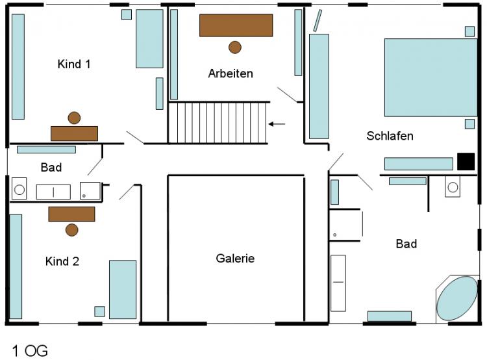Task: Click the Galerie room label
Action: tap(235, 259)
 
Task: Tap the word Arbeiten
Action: tap(231, 73)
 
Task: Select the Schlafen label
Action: tap(390, 136)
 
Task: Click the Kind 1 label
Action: tap(74, 64)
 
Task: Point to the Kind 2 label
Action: tap(62, 261)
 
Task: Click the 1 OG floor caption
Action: tap(30, 351)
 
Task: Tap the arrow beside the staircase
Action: tap(277, 124)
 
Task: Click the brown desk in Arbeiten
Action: tap(236, 25)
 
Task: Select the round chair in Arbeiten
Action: tap(235, 47)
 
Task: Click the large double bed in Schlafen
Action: tap(431, 77)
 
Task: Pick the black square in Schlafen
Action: tap(466, 161)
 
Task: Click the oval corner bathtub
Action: tap(457, 298)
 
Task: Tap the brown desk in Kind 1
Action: tap(74, 133)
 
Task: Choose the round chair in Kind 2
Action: tap(71, 230)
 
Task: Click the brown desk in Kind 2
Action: tap(71, 214)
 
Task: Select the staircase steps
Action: tap(218, 123)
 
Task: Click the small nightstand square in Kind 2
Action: tap(100, 311)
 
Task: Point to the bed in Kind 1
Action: tap(149, 38)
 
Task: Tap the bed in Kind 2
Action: tap(123, 289)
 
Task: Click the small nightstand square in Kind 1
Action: tap(127, 14)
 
